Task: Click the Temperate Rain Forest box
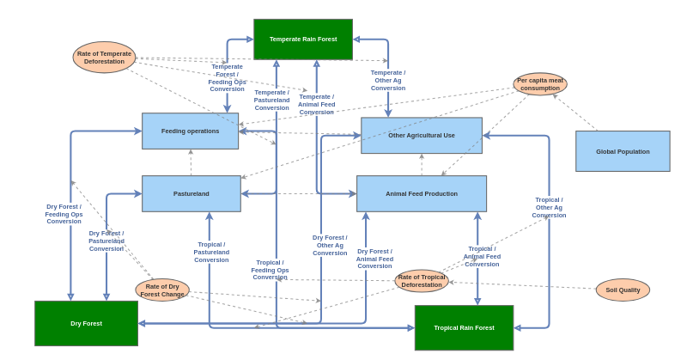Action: (x=302, y=40)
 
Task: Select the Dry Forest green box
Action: (x=86, y=323)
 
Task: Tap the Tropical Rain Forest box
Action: (x=464, y=327)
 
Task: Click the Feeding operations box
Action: (x=190, y=131)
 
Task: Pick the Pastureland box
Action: (x=191, y=193)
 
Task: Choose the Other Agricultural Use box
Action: (x=421, y=136)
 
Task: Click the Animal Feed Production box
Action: (x=421, y=193)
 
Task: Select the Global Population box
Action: (x=623, y=151)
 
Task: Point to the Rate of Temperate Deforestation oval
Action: (x=104, y=58)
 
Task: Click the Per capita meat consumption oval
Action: (x=540, y=84)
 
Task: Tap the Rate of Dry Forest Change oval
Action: (x=162, y=290)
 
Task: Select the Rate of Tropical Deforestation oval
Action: (x=422, y=281)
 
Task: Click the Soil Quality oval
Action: (x=623, y=290)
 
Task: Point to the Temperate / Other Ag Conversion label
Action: (x=388, y=81)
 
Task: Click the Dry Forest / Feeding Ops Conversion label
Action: (x=64, y=214)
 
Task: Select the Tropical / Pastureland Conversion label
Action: (x=211, y=252)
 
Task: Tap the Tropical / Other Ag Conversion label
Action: (x=549, y=207)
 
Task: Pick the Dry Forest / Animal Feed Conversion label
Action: (x=374, y=259)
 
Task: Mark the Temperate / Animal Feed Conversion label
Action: (x=316, y=105)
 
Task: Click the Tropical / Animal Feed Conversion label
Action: (x=482, y=256)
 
